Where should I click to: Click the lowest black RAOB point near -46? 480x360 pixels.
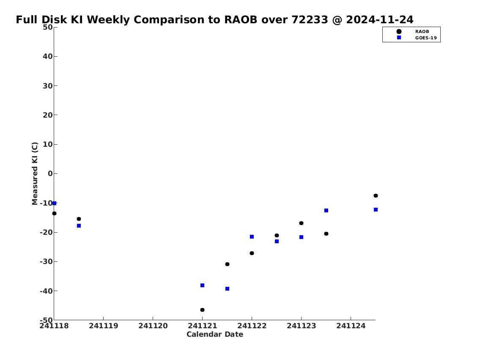point(202,310)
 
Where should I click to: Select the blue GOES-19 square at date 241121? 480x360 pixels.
point(202,285)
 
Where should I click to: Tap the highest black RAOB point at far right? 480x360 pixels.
point(376,195)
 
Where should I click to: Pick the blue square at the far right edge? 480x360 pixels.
point(376,210)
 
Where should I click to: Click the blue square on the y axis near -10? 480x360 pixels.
point(54,203)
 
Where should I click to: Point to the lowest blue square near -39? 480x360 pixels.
point(227,289)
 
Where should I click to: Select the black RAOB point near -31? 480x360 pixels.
point(227,264)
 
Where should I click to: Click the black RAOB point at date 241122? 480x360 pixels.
point(252,253)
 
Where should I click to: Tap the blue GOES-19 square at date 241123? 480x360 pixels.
point(301,237)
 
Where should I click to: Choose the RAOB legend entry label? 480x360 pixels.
point(422,32)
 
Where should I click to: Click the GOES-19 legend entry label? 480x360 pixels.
point(426,38)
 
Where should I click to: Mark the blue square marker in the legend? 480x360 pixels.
point(399,38)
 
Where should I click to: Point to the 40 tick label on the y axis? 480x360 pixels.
point(47,56)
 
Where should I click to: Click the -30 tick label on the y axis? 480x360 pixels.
point(46,261)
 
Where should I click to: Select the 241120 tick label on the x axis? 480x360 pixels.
point(153,326)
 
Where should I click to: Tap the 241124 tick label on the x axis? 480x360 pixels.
point(351,326)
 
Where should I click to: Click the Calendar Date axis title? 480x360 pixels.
point(214,334)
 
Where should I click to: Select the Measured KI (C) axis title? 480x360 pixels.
point(35,173)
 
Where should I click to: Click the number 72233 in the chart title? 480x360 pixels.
point(310,19)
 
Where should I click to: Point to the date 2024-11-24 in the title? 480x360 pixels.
point(380,19)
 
